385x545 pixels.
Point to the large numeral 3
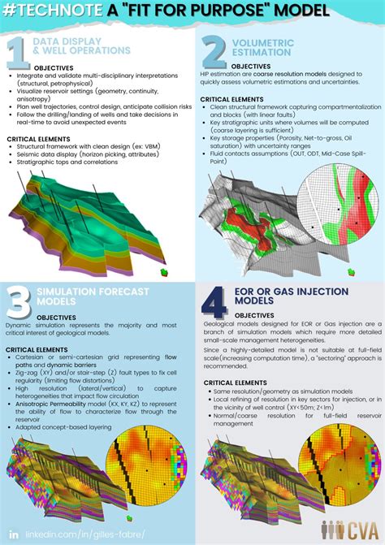pos(18,302)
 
